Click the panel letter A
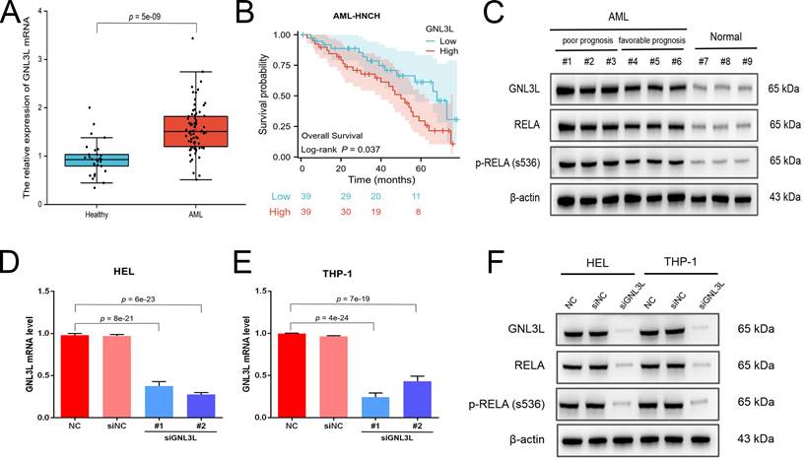click(13, 18)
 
